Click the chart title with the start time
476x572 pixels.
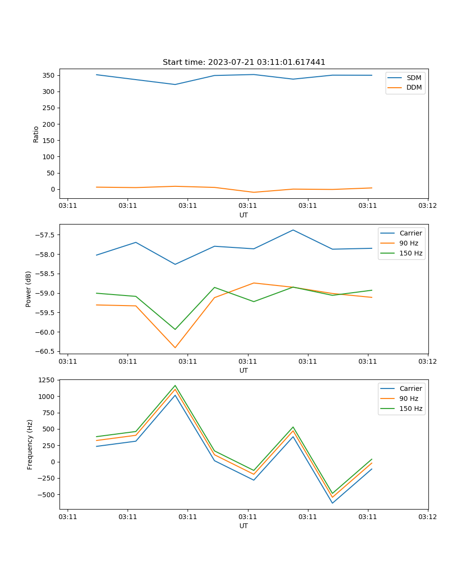(244, 62)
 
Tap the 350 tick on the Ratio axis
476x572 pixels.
(49, 75)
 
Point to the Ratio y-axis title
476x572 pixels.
(36, 134)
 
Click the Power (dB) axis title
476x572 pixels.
(29, 289)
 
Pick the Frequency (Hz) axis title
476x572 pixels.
(30, 444)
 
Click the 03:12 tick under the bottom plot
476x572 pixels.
(427, 517)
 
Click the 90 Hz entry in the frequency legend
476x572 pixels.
(409, 398)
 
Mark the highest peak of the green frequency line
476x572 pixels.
(175, 386)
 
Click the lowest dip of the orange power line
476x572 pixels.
(175, 347)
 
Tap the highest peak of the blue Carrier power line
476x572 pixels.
(293, 230)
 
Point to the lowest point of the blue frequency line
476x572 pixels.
(332, 503)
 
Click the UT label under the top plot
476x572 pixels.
(244, 215)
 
